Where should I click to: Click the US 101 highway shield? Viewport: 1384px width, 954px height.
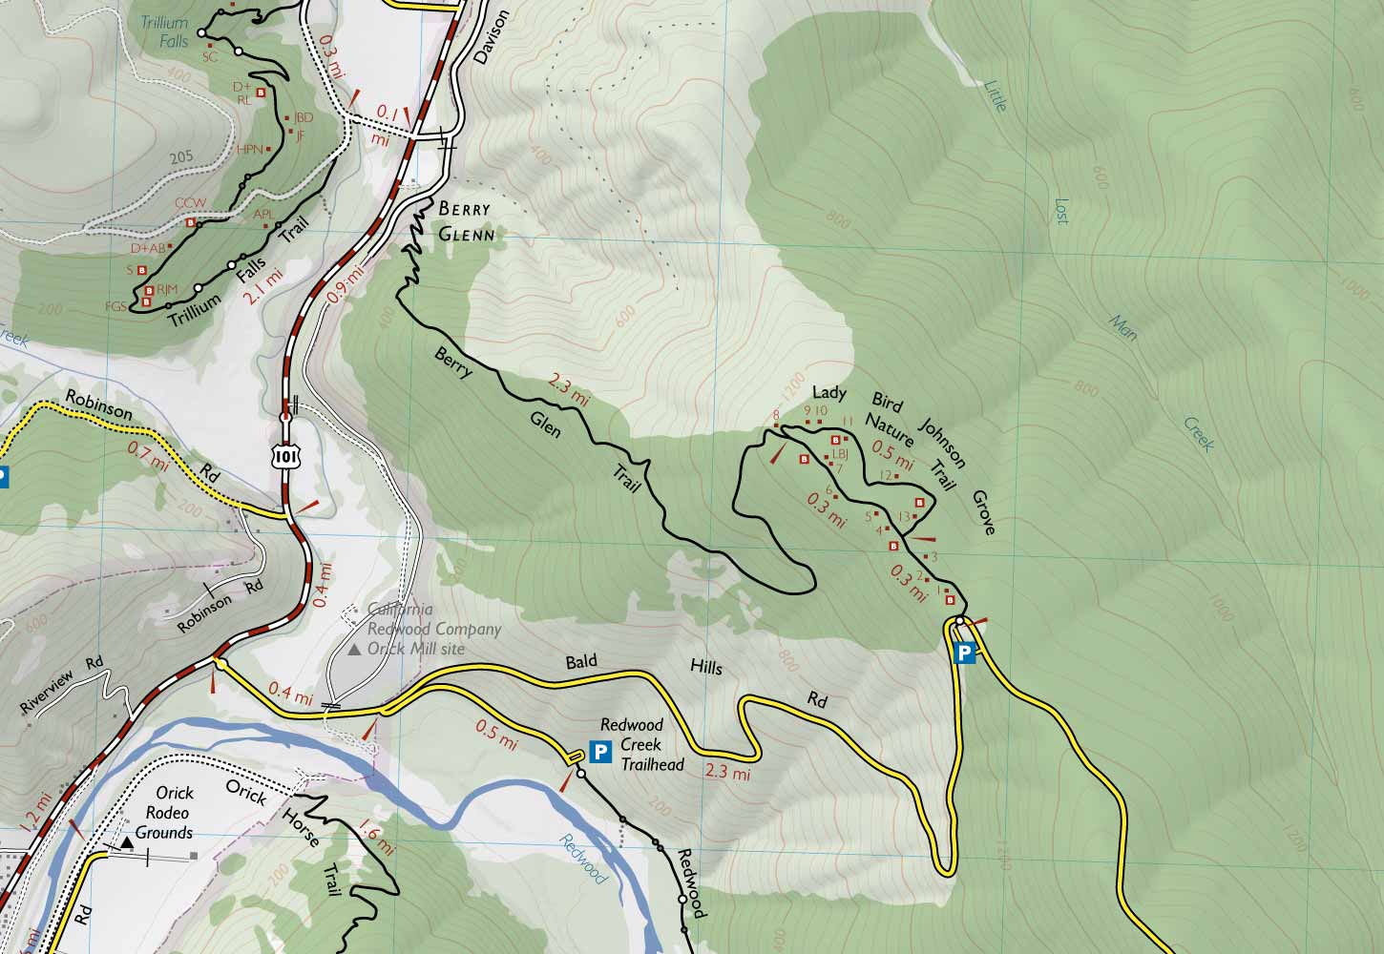tap(283, 457)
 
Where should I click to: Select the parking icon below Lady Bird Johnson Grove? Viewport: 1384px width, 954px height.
tap(965, 653)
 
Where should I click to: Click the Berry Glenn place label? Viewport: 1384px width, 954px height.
tap(466, 221)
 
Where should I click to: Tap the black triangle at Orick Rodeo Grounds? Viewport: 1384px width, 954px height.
tap(127, 843)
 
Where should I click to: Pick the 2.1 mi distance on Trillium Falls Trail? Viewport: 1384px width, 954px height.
tap(263, 285)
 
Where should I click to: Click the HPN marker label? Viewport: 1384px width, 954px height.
tap(249, 149)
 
